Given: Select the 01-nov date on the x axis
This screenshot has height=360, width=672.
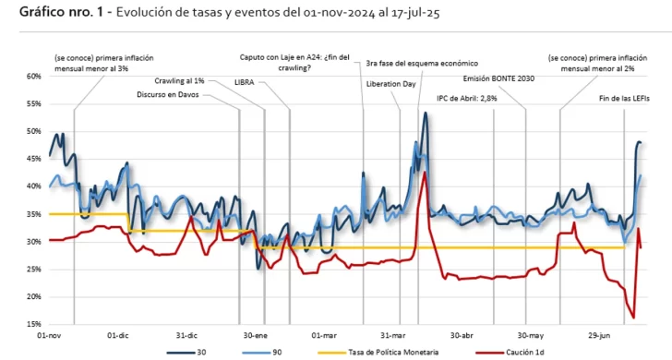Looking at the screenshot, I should tap(49, 335).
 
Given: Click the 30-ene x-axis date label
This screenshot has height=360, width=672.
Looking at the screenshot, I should tap(255, 335).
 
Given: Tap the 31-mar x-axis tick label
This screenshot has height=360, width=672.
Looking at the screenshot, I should tap(392, 335).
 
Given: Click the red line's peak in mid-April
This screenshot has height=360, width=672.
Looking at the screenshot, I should tap(424, 172).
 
